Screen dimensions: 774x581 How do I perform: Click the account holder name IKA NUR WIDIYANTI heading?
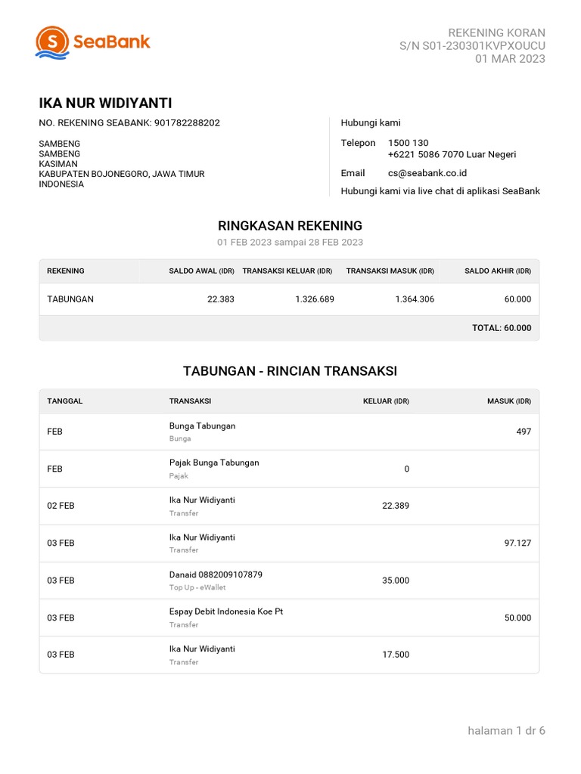click(x=105, y=104)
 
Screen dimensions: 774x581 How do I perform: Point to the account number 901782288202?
click(x=187, y=122)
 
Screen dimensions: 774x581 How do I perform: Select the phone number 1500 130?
click(x=408, y=143)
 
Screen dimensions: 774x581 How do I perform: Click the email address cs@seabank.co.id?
click(x=427, y=173)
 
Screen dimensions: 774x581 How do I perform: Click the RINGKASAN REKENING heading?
click(x=290, y=225)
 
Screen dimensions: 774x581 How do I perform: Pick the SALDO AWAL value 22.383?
click(x=220, y=299)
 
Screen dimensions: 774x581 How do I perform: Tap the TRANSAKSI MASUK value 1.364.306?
click(x=415, y=299)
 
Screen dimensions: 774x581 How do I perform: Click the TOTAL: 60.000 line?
click(x=501, y=328)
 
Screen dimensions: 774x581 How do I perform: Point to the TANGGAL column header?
click(x=64, y=401)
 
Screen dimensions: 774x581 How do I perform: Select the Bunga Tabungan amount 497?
click(x=524, y=432)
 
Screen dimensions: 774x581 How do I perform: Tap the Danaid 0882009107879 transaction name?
click(x=216, y=574)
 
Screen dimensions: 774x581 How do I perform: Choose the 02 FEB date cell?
click(x=61, y=506)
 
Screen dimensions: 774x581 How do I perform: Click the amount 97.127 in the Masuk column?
click(x=517, y=543)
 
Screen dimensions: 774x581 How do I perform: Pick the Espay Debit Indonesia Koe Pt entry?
click(x=225, y=611)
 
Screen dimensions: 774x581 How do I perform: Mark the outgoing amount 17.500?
click(x=396, y=655)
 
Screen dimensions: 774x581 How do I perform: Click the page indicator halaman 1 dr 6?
click(x=506, y=731)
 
